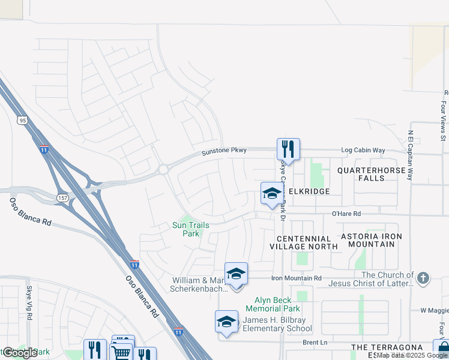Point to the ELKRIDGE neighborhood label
[x=309, y=191]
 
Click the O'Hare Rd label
[x=346, y=213]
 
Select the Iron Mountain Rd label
[x=297, y=278]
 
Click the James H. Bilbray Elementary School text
[x=277, y=323]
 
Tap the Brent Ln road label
[x=315, y=342]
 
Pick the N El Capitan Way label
[x=411, y=155]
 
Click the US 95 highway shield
[x=23, y=120]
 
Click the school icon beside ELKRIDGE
[x=272, y=193]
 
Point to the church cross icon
[x=423, y=278]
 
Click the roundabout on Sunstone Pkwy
[x=163, y=170]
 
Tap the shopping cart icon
[x=122, y=351]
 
